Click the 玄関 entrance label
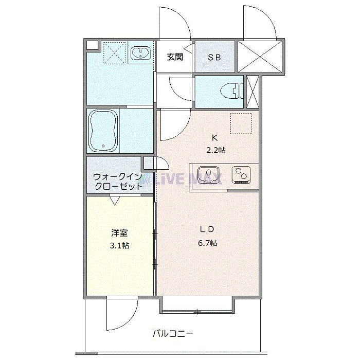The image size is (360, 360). coord(175,57)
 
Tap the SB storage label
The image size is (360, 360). coord(214,58)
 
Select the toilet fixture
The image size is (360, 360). coord(231,91)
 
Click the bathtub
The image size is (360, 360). coord(103,131)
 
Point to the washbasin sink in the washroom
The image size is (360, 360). coord(140,53)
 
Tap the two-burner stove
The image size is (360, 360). coord(241,175)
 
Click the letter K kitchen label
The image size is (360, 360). coord(214,138)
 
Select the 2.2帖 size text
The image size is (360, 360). coord(216,150)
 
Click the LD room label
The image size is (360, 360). coord(207,229)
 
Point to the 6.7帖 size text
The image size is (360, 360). coord(208,243)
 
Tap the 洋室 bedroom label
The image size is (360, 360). coord(119,233)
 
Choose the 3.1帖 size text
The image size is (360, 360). coord(120,246)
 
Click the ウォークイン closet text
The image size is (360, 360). coord(118,177)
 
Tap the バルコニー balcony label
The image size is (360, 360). coord(173,333)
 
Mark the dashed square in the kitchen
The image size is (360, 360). coord(241,123)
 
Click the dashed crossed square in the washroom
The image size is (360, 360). coord(114,52)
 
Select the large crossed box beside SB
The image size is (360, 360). coord(260,57)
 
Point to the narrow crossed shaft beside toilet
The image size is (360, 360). coord(253,92)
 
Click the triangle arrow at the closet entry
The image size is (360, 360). coord(115,200)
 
